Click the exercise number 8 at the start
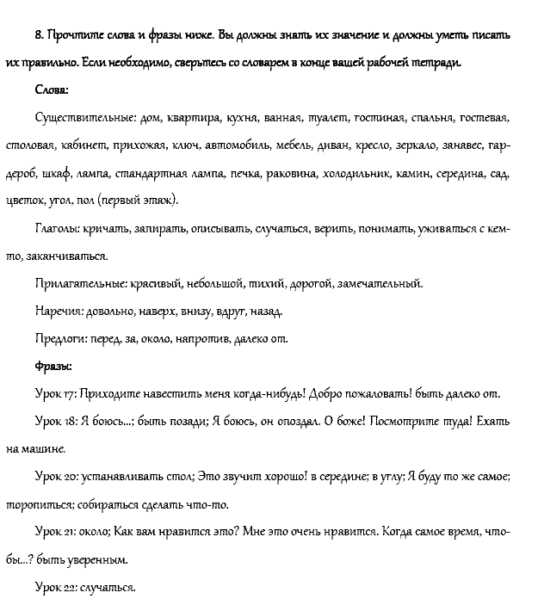(x=40, y=35)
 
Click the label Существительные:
(x=83, y=118)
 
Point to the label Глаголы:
(x=57, y=228)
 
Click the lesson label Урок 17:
(x=57, y=394)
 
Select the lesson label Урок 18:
(x=57, y=422)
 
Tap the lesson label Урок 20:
(x=58, y=476)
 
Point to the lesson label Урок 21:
(x=57, y=532)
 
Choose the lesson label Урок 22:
(x=57, y=587)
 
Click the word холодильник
(x=356, y=173)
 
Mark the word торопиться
(x=38, y=504)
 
